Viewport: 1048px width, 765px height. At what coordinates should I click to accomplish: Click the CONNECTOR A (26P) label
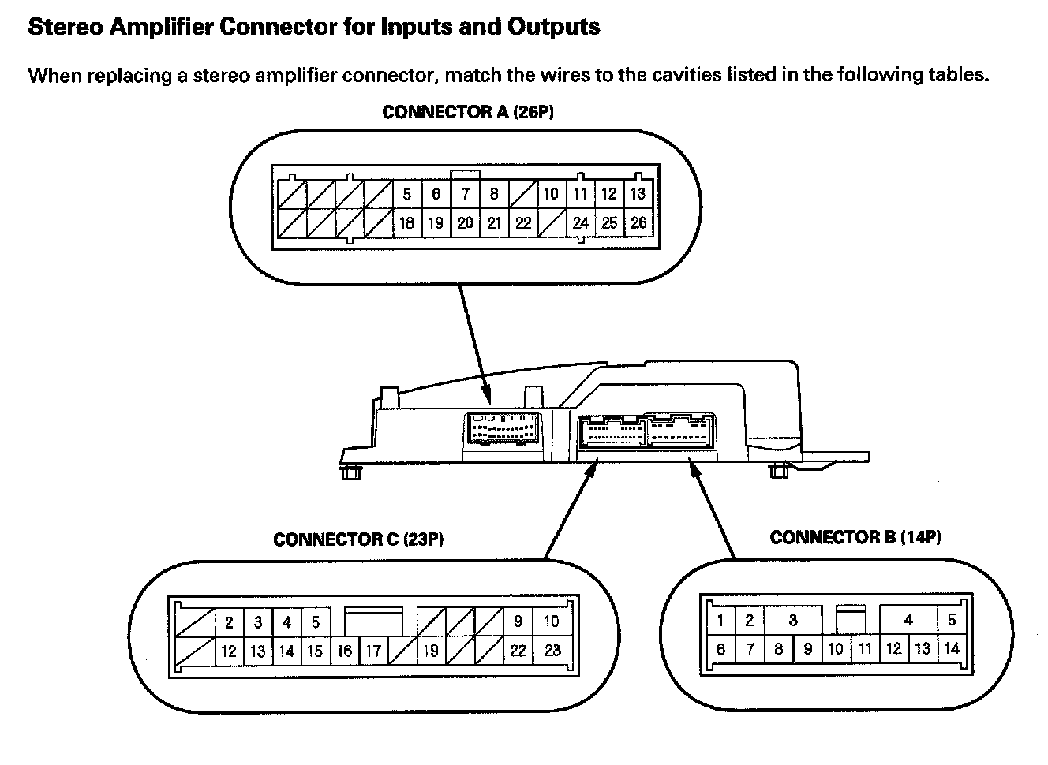[x=468, y=112]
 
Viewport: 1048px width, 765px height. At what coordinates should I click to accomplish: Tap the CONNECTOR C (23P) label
[x=358, y=539]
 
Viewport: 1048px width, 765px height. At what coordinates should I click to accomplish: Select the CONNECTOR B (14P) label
[x=855, y=537]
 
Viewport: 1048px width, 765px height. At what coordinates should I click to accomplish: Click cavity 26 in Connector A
[x=638, y=223]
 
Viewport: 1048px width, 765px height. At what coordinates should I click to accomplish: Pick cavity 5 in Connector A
[x=406, y=194]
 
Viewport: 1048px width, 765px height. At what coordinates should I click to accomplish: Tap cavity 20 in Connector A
[x=465, y=223]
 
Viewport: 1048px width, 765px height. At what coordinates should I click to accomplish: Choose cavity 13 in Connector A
[x=638, y=194]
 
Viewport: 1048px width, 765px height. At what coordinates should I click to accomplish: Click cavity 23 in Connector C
[x=552, y=651]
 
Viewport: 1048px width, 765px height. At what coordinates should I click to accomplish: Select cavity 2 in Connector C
[x=229, y=622]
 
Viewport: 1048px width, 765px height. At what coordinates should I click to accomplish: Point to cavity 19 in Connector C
[x=430, y=651]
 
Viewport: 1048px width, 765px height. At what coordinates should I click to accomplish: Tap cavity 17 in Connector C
[x=373, y=651]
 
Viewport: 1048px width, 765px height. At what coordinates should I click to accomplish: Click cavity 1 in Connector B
[x=720, y=620]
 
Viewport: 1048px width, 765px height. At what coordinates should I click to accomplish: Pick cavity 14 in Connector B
[x=952, y=649]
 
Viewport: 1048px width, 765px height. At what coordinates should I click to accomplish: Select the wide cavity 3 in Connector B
[x=793, y=620]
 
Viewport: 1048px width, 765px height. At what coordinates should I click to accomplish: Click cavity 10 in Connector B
[x=836, y=649]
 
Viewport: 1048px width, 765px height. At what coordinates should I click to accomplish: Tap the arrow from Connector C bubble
[x=568, y=509]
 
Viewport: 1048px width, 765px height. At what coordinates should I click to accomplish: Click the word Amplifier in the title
[x=160, y=26]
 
